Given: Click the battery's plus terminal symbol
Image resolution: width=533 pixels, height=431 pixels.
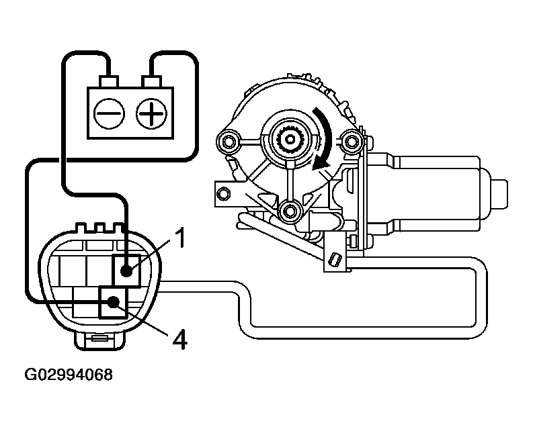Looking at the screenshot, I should coord(151,115).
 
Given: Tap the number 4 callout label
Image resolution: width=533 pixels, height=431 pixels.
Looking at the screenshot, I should coord(178,338).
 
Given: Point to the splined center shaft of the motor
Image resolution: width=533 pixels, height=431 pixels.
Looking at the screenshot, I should coord(291,140).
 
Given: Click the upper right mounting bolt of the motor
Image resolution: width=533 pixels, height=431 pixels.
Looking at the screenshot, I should coord(350,141).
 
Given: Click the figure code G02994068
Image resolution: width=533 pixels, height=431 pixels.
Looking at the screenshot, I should coord(65,374).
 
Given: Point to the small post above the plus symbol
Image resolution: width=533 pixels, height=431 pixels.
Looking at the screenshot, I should coord(151,82).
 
